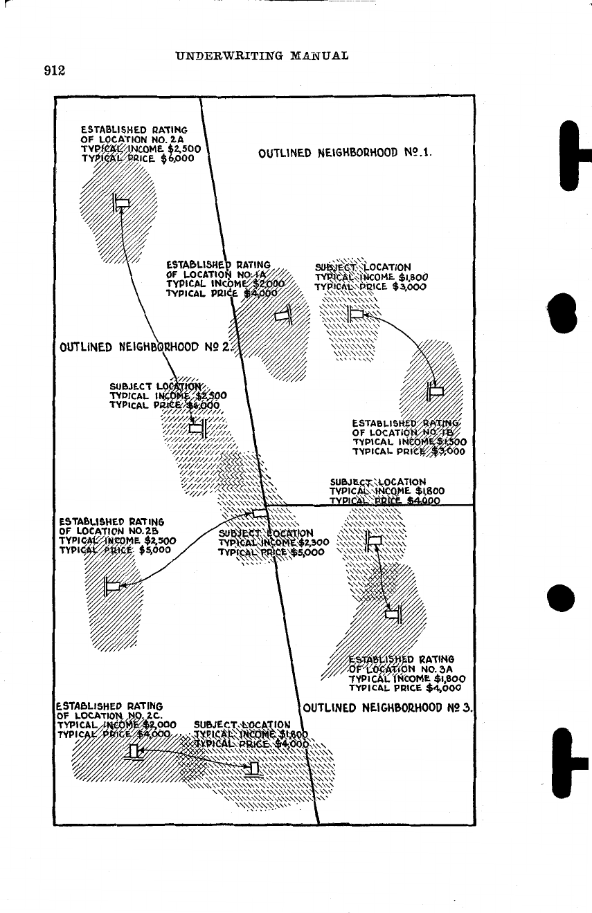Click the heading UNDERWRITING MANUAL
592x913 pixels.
coord(261,55)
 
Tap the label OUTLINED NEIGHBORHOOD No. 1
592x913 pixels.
coord(345,153)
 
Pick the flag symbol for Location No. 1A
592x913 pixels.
coord(284,315)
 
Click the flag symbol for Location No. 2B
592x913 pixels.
coord(111,586)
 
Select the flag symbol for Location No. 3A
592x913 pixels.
coord(395,613)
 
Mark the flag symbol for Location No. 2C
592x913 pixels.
coord(133,751)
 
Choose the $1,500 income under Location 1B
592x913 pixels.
coord(451,441)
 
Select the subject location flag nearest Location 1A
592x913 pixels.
coord(355,315)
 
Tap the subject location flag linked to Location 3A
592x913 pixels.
coord(374,540)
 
